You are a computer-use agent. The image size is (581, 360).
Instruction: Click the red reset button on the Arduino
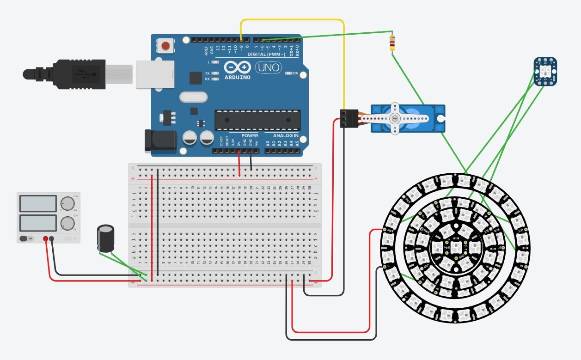click(165, 46)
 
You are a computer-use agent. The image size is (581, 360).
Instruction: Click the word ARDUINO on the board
click(238, 77)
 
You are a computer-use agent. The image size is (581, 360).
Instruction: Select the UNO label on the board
click(268, 67)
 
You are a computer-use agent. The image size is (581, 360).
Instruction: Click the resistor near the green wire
click(392, 43)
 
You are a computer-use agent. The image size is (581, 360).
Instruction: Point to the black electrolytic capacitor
click(106, 238)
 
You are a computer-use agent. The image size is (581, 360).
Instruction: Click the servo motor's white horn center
click(394, 118)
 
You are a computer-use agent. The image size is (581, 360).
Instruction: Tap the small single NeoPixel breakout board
click(545, 71)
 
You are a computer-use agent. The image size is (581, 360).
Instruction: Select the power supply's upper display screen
click(38, 203)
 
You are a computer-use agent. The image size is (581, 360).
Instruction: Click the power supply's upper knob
click(68, 203)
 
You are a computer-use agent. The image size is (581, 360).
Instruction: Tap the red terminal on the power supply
click(46, 238)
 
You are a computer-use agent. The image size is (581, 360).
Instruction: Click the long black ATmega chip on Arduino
click(257, 120)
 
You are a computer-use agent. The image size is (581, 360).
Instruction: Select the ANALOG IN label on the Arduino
click(285, 136)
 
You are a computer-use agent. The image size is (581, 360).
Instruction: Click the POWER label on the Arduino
click(250, 136)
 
